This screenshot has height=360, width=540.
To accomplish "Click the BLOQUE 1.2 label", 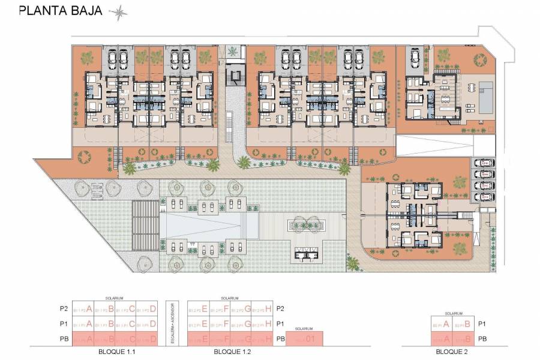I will [x=230, y=351].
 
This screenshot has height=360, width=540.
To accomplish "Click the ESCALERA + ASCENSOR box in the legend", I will [x=173, y=323].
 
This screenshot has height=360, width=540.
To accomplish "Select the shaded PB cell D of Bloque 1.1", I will [x=147, y=339].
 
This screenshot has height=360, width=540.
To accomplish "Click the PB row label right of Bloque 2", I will [x=482, y=339].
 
